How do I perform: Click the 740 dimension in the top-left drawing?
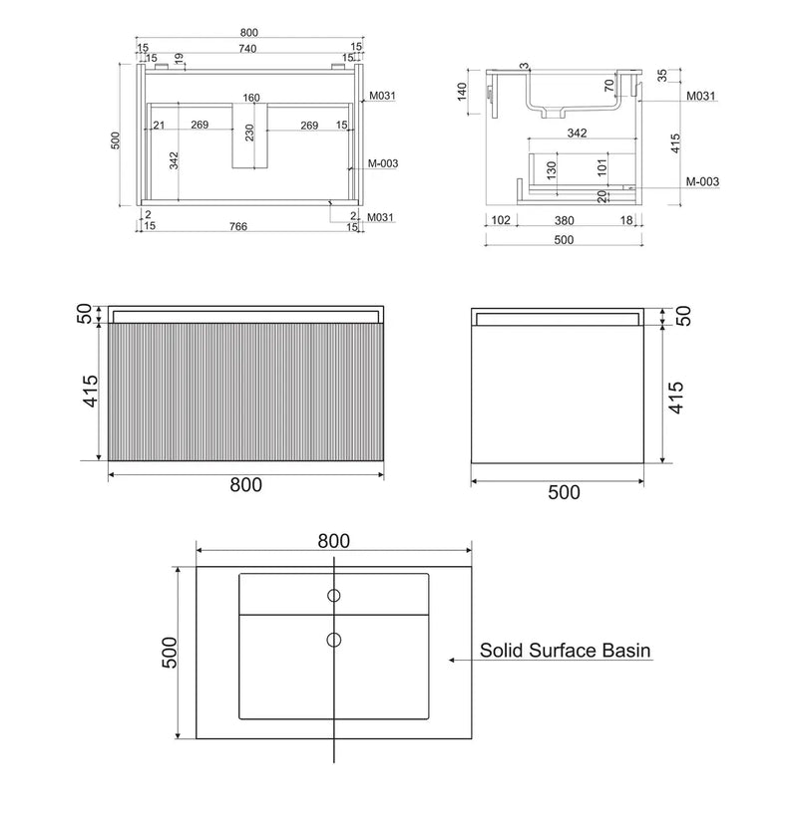pyautogui.click(x=246, y=48)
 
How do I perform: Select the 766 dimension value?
pyautogui.click(x=237, y=226)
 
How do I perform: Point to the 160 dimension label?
pyautogui.click(x=250, y=98)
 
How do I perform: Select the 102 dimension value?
pyautogui.click(x=501, y=220)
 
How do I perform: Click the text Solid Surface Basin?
pyautogui.click(x=566, y=651)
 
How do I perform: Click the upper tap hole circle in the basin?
pyautogui.click(x=334, y=597)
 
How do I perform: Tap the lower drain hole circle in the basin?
pyautogui.click(x=334, y=639)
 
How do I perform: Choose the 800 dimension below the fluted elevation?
pyautogui.click(x=245, y=485)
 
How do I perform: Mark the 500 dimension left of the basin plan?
pyautogui.click(x=170, y=653)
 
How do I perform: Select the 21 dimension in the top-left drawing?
pyautogui.click(x=158, y=126)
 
